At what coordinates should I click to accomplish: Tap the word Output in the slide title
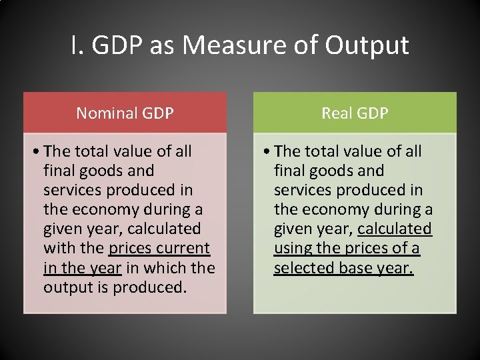click(367, 45)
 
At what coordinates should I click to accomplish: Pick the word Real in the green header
click(336, 113)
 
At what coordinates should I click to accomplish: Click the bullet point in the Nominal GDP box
click(35, 152)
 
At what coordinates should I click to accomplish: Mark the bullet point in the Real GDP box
click(266, 152)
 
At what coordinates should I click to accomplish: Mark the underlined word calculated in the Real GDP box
click(395, 229)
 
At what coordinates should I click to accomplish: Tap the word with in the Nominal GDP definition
click(57, 249)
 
